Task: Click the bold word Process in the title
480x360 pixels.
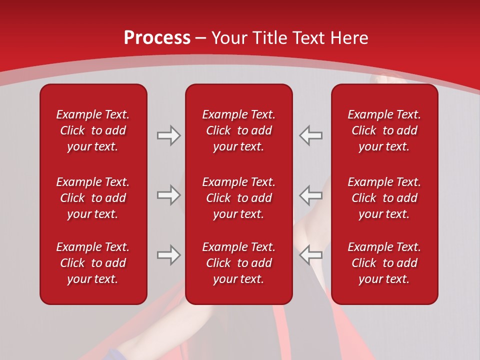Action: click(157, 38)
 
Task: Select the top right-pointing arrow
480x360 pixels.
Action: click(168, 135)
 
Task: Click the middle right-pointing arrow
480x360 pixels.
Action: click(168, 195)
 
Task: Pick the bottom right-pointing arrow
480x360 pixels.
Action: click(168, 255)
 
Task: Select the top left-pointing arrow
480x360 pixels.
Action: click(310, 135)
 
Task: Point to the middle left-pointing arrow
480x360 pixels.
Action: click(310, 195)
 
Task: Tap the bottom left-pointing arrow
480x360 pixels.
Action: click(310, 255)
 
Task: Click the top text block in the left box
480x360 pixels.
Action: click(93, 130)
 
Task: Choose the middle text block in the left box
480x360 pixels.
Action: click(93, 198)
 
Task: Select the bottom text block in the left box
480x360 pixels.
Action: click(93, 263)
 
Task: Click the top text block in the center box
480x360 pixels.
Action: click(238, 130)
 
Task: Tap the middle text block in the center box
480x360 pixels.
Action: click(238, 198)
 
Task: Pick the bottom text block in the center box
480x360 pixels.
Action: click(238, 263)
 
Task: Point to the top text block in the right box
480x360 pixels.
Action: click(384, 130)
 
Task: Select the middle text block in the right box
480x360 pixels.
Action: click(384, 198)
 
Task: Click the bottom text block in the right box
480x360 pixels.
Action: click(384, 263)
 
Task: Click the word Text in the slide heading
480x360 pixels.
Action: click(306, 38)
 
